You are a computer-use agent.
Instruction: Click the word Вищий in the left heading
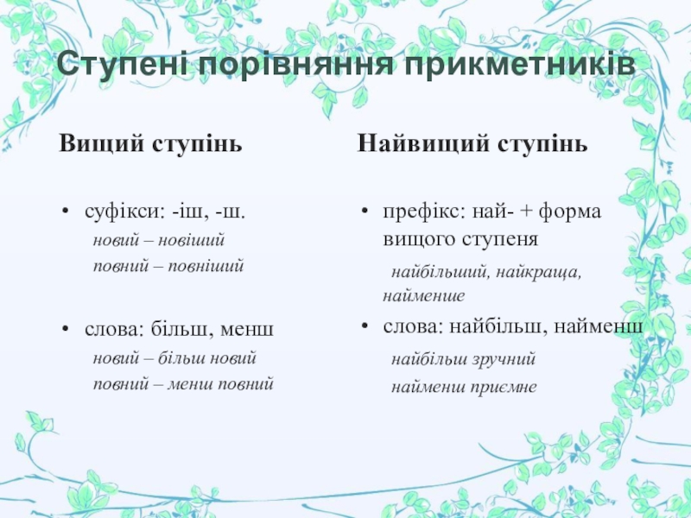coord(101,143)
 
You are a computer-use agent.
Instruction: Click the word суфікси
coord(124,212)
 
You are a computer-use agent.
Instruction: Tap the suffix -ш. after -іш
coord(230,212)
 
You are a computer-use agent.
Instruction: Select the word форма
coord(570,212)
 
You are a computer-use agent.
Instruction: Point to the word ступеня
coord(500,240)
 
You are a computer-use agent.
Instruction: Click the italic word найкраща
coord(538,272)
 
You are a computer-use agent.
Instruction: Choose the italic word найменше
coord(423,295)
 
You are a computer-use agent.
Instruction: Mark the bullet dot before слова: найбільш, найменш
coord(365,326)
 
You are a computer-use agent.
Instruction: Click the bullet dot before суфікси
coord(66,212)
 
